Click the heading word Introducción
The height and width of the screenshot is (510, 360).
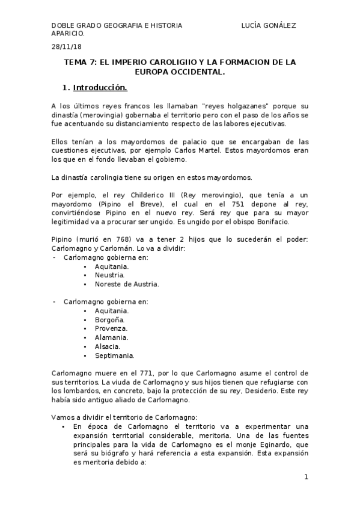100,88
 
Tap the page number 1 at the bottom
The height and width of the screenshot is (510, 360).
306,478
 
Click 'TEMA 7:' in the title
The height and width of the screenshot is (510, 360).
81,62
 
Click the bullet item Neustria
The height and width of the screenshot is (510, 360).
109,274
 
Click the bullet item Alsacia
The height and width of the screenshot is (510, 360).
108,346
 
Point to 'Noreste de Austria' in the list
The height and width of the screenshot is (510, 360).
127,283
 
